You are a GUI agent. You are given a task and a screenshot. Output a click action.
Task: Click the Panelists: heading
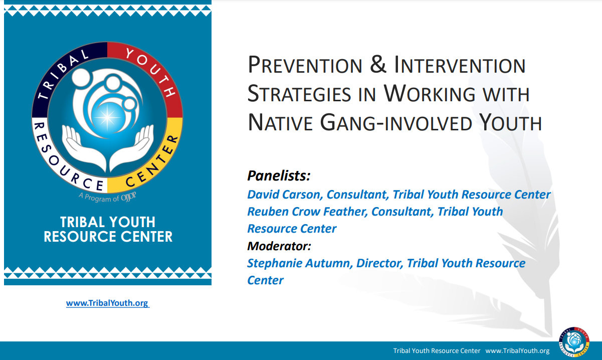point(279,176)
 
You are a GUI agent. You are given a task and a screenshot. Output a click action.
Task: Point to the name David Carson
point(284,194)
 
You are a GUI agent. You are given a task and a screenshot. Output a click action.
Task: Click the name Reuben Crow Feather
point(306,212)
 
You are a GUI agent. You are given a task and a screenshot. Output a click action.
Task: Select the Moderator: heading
point(279,246)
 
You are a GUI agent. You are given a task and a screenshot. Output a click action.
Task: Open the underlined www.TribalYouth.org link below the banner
point(107,303)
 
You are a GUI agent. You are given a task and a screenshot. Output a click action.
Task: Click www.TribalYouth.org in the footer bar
point(517,351)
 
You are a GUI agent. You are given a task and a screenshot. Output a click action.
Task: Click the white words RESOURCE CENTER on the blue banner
point(108,237)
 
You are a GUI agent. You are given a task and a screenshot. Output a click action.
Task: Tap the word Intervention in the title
point(460,66)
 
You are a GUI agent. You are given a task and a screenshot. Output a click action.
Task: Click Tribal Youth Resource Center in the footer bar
point(437,351)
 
